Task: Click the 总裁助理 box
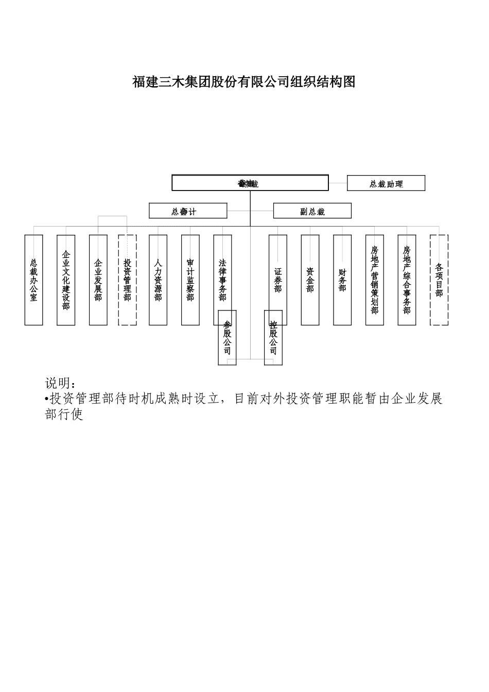point(386,183)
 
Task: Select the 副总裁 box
point(312,211)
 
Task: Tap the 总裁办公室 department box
point(34,280)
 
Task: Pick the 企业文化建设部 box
point(66,280)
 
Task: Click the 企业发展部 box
point(98,280)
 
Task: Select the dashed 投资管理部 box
point(128,280)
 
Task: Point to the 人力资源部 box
point(158,280)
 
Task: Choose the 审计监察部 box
point(190,280)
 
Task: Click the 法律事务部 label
point(222,280)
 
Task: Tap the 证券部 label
point(278,280)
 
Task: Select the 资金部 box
point(310,280)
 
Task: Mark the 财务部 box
point(342,280)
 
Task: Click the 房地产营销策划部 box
point(375,280)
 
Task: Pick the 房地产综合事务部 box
point(407,280)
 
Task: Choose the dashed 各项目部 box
point(439,280)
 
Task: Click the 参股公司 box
point(228,338)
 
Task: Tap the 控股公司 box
point(273,338)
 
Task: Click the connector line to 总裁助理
point(338,183)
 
